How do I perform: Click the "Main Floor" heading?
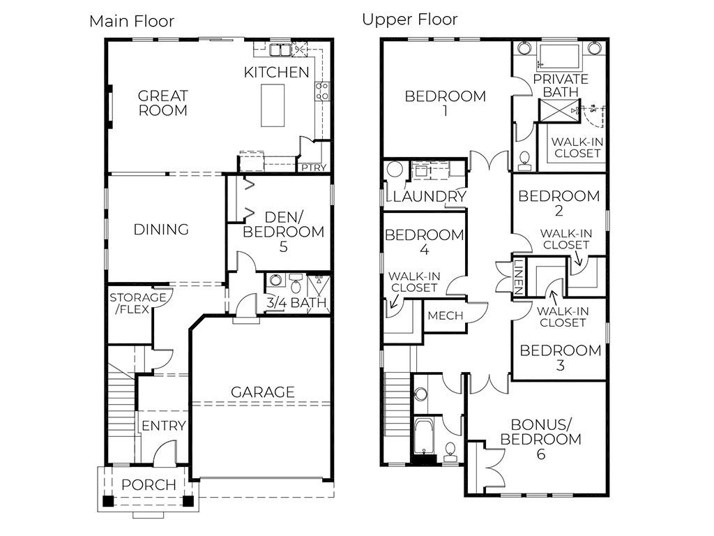click(132, 21)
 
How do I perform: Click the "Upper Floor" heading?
click(409, 19)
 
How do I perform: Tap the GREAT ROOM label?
click(162, 103)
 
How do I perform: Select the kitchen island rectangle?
click(273, 105)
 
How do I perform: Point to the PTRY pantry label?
click(313, 167)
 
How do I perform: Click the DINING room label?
click(162, 229)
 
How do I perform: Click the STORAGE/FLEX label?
click(138, 303)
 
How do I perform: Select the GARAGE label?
click(263, 392)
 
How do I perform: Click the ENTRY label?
click(164, 426)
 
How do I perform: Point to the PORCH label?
click(149, 485)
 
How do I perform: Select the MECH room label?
click(445, 315)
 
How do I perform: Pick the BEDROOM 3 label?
click(561, 357)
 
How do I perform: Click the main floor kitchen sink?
click(280, 50)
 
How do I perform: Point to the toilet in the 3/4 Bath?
click(296, 284)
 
